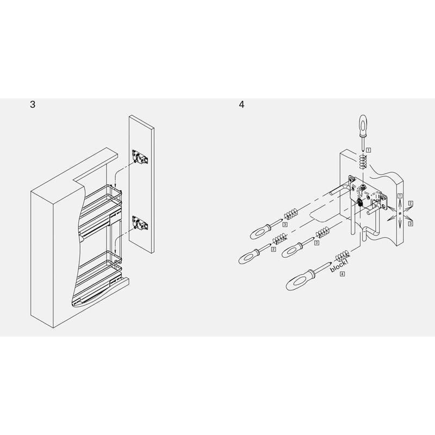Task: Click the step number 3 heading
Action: click(x=33, y=104)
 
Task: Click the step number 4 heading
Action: click(x=241, y=104)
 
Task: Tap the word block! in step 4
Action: click(x=339, y=265)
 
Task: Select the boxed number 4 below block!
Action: click(x=343, y=274)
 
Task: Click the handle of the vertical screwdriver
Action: click(x=363, y=125)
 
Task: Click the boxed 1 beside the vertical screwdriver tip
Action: click(x=369, y=150)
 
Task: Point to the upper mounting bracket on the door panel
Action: click(x=140, y=157)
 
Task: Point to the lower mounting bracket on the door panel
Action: click(x=140, y=223)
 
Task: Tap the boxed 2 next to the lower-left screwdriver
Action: click(x=274, y=249)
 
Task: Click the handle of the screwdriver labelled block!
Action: click(x=300, y=281)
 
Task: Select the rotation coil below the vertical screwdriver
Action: click(x=363, y=161)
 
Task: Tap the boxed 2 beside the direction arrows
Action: click(x=411, y=203)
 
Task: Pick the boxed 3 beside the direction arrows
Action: click(x=411, y=223)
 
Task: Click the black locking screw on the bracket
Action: click(x=360, y=203)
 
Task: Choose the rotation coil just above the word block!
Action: click(x=343, y=256)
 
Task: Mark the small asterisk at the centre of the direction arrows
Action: click(x=400, y=213)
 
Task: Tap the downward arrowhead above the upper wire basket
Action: click(x=115, y=186)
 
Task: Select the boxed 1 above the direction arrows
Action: click(x=400, y=196)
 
